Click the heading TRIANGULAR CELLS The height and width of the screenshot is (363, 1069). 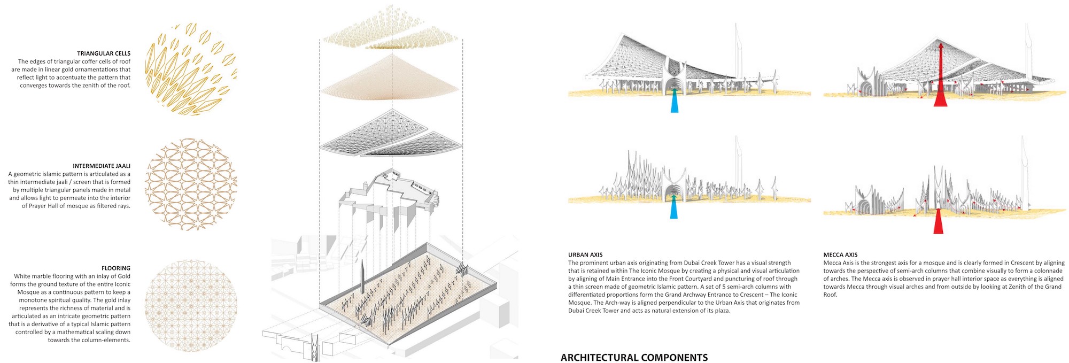tap(104, 53)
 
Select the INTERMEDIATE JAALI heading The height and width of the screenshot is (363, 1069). tap(102, 166)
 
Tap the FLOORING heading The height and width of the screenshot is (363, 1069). tap(116, 268)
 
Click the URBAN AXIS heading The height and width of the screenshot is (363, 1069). tap(585, 255)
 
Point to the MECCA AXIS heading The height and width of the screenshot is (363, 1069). tap(841, 255)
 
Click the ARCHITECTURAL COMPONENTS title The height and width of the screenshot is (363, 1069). tap(634, 358)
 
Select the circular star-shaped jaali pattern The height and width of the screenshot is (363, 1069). tap(191, 185)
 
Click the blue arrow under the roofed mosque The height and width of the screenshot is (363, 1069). tap(675, 101)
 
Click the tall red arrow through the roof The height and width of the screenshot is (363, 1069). tap(940, 75)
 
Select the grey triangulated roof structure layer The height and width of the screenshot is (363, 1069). tap(390, 134)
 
